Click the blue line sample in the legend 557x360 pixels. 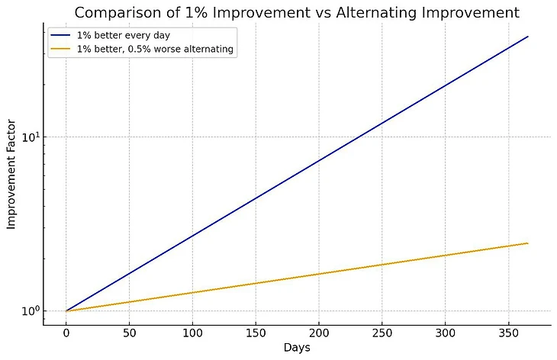coord(61,36)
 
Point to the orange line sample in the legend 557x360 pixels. coord(61,49)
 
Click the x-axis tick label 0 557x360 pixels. coord(66,333)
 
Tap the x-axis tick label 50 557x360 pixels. coord(129,333)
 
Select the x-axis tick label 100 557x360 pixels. coord(192,333)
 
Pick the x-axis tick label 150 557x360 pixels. coord(256,333)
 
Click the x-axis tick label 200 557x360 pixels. coord(319,333)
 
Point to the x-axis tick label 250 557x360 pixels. coord(382,333)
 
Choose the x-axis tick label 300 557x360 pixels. coord(446,333)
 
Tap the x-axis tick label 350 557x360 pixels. coord(509,333)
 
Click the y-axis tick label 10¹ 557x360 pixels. coord(30,137)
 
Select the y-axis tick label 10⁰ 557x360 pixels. coord(30,310)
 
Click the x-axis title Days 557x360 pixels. coord(297,347)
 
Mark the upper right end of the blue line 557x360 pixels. coord(527,37)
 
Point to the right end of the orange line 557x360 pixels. coord(527,243)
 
